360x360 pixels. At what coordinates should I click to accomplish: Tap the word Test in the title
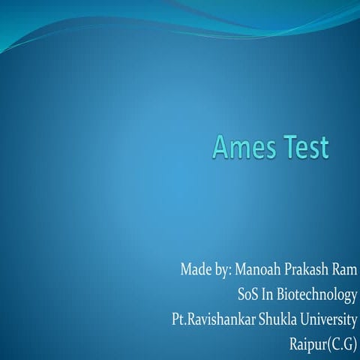[303, 147]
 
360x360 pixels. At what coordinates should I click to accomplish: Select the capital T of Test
[286, 147]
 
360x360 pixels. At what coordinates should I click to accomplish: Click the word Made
[195, 268]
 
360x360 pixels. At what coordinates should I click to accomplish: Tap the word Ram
[343, 268]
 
